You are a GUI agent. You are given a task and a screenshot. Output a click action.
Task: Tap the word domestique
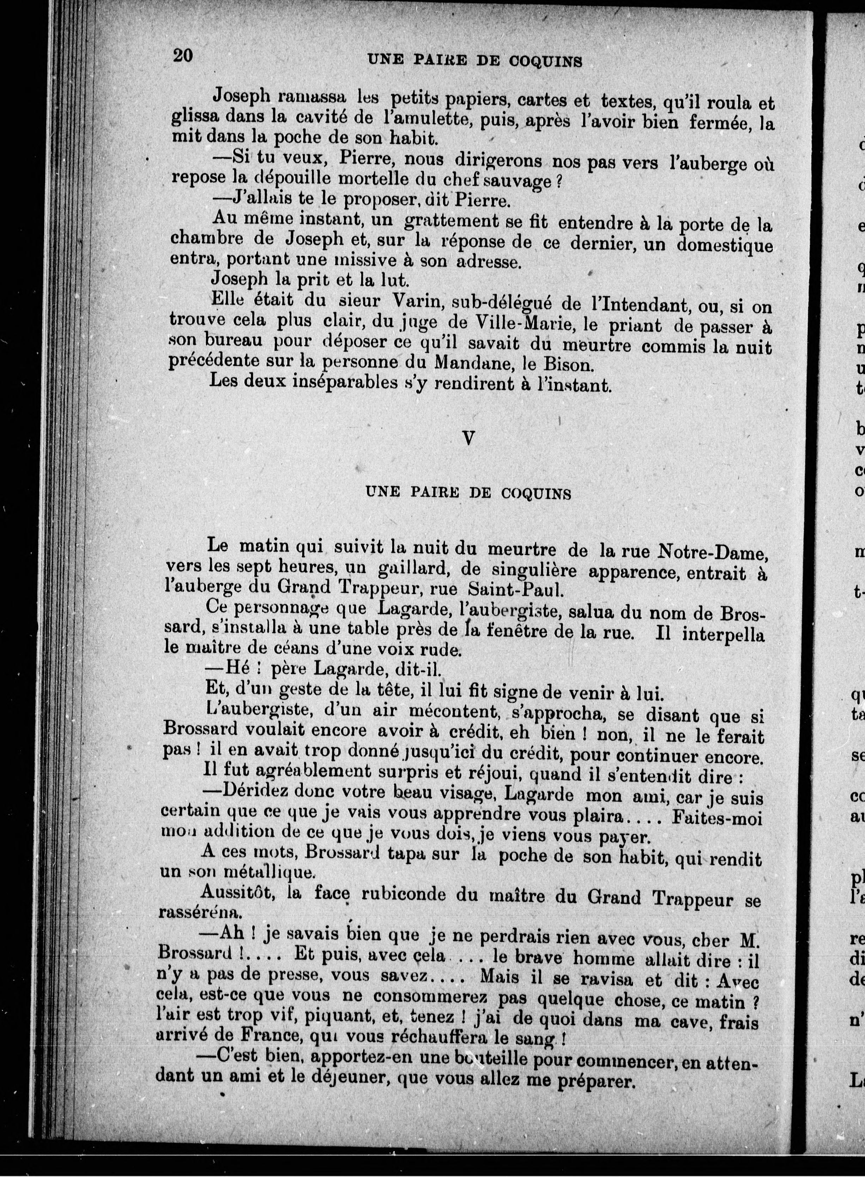724,245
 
